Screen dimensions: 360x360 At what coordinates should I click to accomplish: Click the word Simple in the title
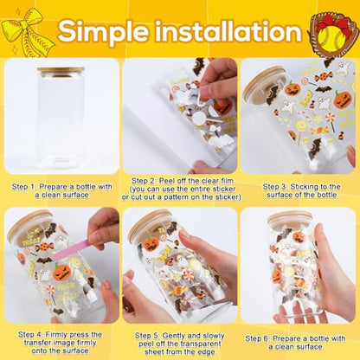[x=104, y=32]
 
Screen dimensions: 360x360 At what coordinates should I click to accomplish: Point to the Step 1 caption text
[x=61, y=190]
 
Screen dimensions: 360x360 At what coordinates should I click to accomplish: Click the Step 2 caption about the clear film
[x=182, y=189]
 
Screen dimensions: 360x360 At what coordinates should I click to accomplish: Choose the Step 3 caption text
[x=301, y=190]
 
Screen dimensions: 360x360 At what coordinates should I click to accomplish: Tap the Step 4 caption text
[x=60, y=343]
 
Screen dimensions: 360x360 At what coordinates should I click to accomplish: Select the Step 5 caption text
[x=180, y=344]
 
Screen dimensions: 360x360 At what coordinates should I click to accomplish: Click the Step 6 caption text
[x=295, y=343]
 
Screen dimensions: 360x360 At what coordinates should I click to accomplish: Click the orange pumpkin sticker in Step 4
[x=61, y=272]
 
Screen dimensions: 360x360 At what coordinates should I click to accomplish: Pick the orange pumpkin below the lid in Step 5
[x=151, y=244]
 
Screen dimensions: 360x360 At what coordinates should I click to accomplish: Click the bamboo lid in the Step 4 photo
[x=27, y=227]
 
